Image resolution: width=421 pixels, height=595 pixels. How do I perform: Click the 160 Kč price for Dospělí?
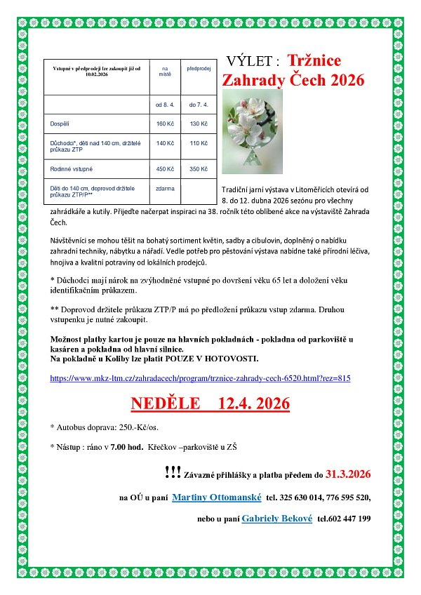tap(164, 123)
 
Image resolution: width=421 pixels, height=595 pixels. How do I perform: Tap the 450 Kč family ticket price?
tap(164, 168)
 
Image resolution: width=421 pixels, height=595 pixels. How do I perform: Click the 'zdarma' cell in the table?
tap(165, 189)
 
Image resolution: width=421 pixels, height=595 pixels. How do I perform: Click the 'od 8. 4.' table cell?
tap(165, 105)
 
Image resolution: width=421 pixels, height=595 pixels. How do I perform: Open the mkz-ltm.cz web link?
tap(200, 378)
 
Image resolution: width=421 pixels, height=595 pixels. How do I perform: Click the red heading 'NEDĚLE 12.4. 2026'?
tap(210, 405)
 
